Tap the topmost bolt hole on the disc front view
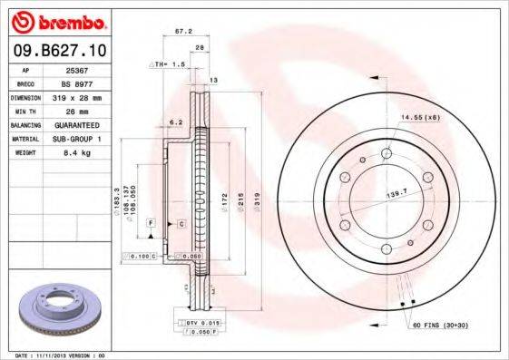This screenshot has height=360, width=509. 387,154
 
